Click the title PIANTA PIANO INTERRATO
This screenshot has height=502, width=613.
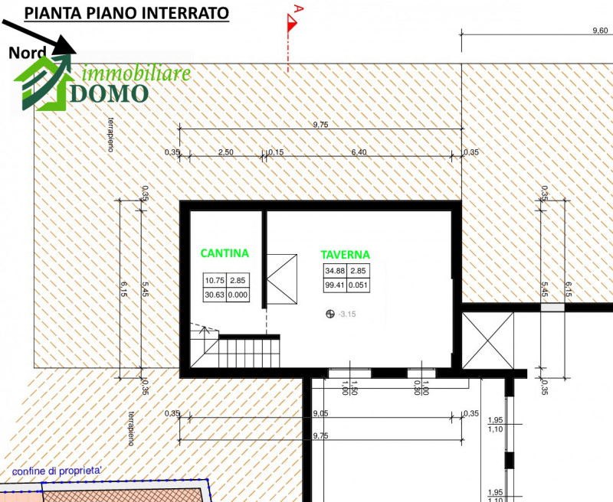[x=126, y=13]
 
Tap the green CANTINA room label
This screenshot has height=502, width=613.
[x=225, y=253]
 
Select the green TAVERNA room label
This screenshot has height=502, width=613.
[x=346, y=255]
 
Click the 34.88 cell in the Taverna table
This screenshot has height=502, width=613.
[x=335, y=271]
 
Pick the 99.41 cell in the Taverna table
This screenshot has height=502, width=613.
[x=335, y=285]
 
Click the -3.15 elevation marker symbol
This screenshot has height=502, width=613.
[x=329, y=314]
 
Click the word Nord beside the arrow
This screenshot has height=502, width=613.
[x=28, y=53]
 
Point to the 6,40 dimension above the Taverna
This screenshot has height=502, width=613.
[x=359, y=152]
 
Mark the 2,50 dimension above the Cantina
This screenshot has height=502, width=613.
[x=225, y=152]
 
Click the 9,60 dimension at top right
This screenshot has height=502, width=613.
[x=600, y=31]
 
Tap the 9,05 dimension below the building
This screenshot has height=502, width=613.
[x=321, y=413]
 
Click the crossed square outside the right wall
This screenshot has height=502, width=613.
[x=488, y=341]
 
